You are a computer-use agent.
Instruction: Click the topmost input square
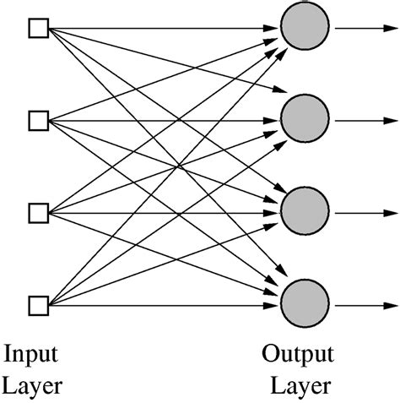pos(38,30)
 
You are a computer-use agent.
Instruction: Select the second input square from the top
pos(38,121)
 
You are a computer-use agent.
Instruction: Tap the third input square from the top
pos(38,212)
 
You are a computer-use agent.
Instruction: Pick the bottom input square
pos(38,303)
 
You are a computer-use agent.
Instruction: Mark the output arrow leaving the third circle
pos(363,212)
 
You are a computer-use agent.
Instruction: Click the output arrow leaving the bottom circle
pos(363,303)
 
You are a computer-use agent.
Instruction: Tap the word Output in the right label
pos(298,354)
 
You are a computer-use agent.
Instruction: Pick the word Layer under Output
pos(300,386)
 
